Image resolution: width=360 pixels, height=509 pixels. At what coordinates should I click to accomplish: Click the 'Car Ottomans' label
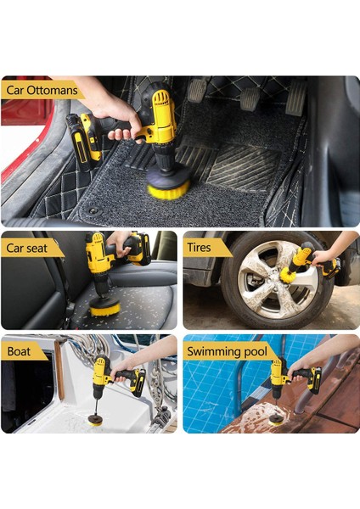(42, 90)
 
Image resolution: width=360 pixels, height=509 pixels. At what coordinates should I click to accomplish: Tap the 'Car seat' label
(26, 249)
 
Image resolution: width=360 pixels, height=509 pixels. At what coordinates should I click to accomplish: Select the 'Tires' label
(199, 248)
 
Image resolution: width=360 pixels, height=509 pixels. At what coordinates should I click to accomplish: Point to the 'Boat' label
(19, 351)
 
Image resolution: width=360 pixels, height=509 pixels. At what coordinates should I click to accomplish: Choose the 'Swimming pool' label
(227, 351)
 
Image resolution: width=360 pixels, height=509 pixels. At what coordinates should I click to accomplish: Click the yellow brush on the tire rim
(288, 274)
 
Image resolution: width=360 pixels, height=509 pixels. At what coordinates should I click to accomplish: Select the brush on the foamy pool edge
(276, 421)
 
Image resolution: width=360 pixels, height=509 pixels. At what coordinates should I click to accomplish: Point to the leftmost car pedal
(197, 90)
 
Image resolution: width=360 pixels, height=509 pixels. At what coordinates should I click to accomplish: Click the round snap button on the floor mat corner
(94, 211)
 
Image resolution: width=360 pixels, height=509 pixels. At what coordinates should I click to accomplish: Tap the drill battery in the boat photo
(138, 383)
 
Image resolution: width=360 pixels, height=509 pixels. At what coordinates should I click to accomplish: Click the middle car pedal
(250, 98)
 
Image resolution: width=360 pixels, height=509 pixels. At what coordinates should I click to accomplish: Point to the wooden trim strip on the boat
(59, 370)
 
